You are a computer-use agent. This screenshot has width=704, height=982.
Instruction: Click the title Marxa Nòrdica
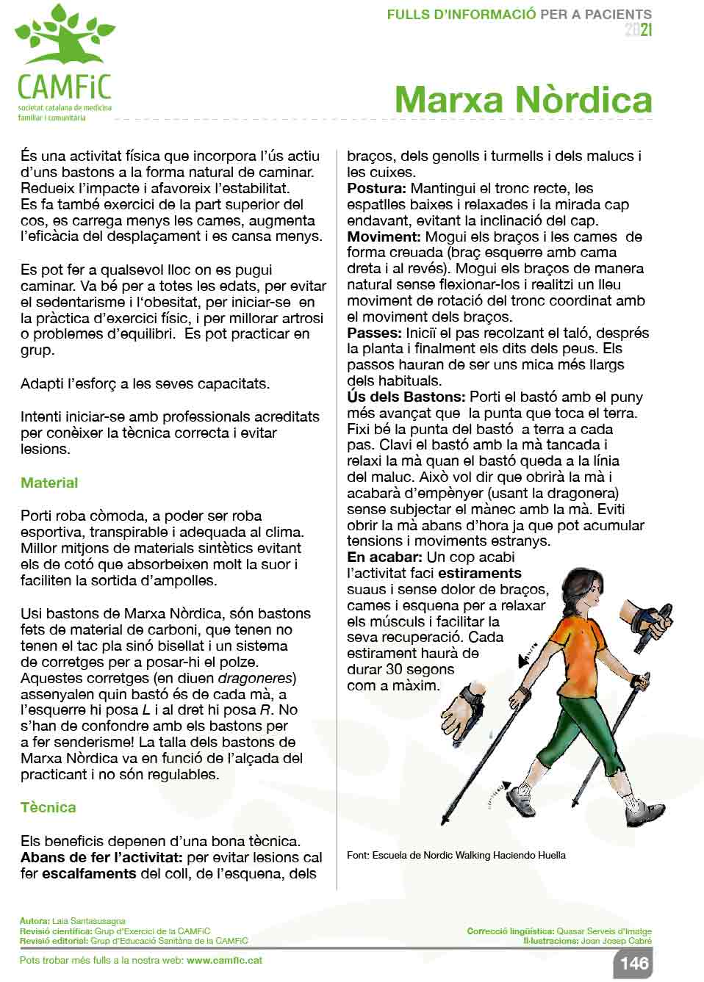tap(522, 100)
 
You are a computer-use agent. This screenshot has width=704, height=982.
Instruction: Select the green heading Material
tap(49, 483)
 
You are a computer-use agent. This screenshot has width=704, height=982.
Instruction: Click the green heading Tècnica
tap(48, 807)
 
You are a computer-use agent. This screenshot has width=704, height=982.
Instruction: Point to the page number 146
tap(633, 964)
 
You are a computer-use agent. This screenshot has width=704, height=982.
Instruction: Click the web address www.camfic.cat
tap(224, 960)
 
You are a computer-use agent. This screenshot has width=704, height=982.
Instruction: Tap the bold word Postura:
tap(377, 189)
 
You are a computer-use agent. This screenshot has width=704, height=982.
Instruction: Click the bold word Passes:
tap(374, 333)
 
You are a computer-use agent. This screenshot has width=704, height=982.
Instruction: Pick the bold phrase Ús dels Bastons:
tap(406, 397)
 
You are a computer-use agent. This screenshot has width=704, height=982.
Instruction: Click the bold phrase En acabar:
tap(384, 557)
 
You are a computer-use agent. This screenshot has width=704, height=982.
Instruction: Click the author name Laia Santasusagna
tap(88, 920)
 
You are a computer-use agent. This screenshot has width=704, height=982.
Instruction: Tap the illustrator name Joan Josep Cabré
tap(616, 940)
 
